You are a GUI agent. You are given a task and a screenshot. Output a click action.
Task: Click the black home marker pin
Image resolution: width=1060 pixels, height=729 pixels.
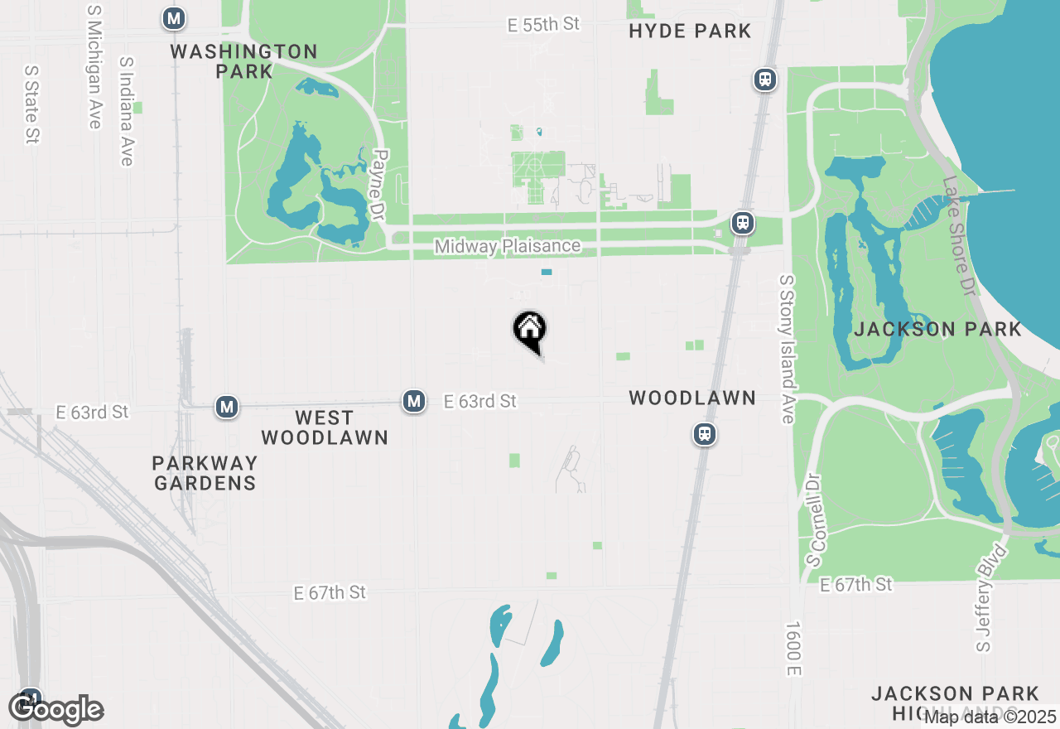[529, 330]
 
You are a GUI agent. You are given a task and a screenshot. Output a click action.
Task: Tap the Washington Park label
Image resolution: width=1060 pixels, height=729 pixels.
[243, 61]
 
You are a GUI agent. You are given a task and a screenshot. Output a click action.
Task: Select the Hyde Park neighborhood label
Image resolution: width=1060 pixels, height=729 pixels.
[690, 31]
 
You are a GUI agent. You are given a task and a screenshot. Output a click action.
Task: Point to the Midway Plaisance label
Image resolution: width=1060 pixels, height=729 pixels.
[507, 246]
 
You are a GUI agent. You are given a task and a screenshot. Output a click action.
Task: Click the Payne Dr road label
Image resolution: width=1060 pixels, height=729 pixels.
[380, 185]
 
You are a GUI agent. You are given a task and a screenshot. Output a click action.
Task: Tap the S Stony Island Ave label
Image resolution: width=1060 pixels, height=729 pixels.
[786, 349]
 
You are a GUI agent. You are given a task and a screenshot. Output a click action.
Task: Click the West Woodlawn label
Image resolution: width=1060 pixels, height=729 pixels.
[324, 427]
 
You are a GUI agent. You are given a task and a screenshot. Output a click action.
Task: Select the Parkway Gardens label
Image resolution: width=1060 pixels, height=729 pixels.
[205, 472]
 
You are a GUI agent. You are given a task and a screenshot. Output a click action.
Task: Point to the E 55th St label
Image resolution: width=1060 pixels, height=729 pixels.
[543, 25]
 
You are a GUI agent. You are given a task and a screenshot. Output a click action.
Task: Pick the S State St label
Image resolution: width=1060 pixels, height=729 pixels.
[32, 104]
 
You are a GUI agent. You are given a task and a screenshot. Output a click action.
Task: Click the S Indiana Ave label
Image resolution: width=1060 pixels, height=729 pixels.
[126, 111]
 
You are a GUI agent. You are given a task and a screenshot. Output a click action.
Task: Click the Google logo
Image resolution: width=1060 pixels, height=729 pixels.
[55, 709]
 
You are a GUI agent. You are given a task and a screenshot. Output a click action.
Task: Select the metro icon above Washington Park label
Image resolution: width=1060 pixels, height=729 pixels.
[174, 18]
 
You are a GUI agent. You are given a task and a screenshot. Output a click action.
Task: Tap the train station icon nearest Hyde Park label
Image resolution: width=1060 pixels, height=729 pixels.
[764, 80]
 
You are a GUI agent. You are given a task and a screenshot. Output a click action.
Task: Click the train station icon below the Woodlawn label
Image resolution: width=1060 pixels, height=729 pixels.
[705, 433]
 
